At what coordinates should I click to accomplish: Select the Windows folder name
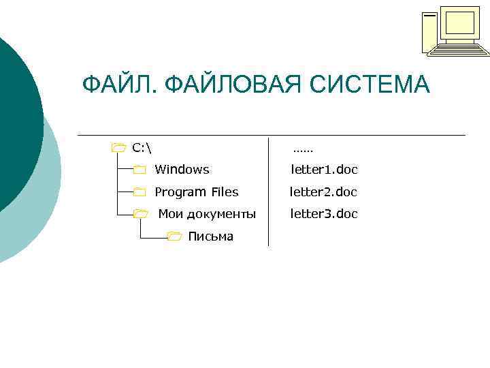point(182,170)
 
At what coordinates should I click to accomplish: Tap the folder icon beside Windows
point(140,170)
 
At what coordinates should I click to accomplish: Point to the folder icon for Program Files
point(140,192)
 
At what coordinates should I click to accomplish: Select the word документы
point(221,215)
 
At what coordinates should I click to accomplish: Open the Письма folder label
point(210,237)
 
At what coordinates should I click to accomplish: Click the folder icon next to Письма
point(174,237)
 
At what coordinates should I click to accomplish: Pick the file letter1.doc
point(324,170)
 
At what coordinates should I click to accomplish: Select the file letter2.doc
point(324,192)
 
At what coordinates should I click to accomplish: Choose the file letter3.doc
point(324,215)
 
